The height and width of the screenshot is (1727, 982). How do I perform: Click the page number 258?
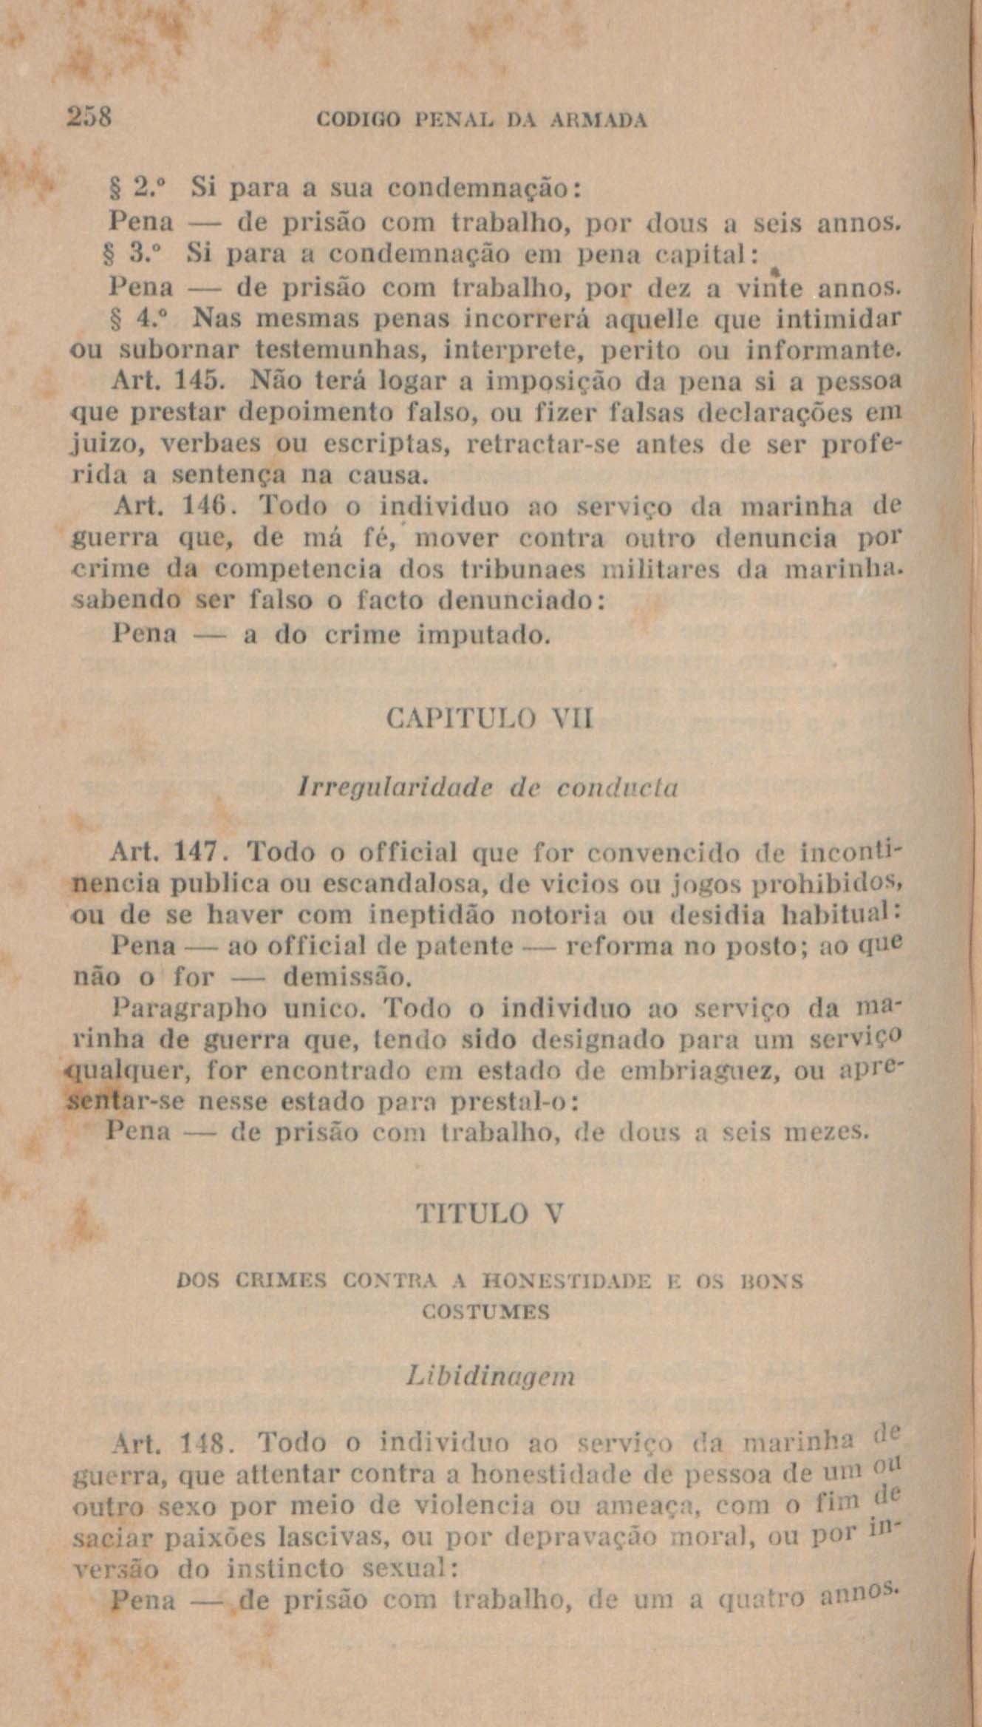click(x=89, y=118)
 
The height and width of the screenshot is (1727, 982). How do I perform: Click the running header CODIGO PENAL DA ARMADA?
click(x=481, y=120)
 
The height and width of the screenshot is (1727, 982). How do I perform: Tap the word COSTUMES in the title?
click(x=486, y=1312)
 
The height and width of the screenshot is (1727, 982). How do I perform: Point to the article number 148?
click(x=202, y=1443)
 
